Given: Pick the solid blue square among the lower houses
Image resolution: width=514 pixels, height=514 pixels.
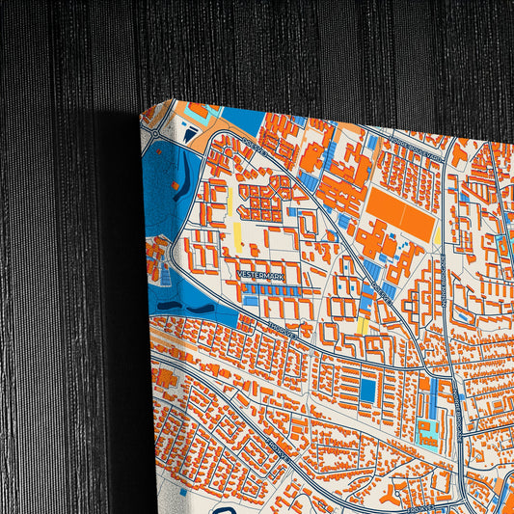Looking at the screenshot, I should [367, 391].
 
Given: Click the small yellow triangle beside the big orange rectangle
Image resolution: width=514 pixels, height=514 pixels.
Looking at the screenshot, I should [437, 234].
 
